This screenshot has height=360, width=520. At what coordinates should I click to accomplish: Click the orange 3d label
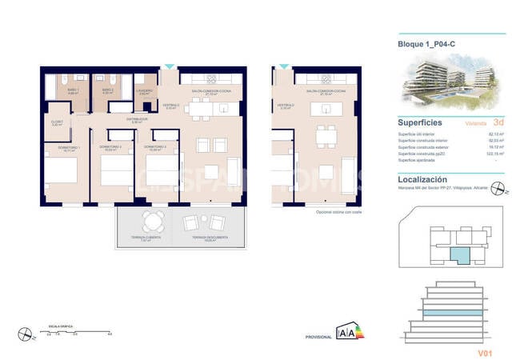tap(498, 123)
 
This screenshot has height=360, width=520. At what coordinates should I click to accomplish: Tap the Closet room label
tap(56, 123)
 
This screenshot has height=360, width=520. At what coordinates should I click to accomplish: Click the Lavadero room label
tap(145, 91)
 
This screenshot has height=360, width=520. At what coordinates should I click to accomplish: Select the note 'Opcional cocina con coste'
tap(340, 212)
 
